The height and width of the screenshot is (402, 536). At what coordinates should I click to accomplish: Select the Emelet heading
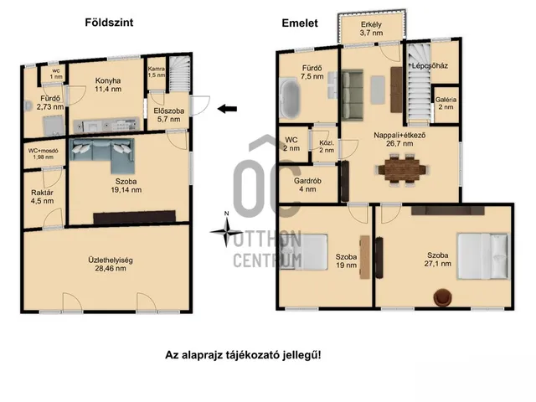[299, 23]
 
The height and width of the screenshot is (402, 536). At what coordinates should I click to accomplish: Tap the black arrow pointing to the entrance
[226, 107]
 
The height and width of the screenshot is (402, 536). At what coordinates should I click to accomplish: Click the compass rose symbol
[226, 233]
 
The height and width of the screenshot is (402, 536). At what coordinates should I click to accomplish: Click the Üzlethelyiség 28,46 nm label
[106, 264]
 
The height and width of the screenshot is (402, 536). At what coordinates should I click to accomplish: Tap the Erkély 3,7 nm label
[372, 29]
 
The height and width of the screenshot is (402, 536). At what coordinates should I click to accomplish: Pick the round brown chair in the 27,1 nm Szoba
[441, 296]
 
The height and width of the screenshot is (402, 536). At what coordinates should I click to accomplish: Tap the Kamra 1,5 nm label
[156, 71]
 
